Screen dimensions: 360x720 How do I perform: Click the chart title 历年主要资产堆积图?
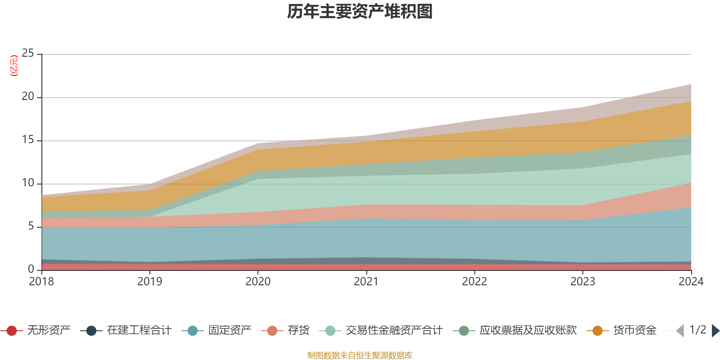coord(360,12)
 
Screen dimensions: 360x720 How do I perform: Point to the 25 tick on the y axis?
coord(28,54)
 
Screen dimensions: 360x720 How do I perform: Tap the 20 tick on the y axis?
coord(28,97)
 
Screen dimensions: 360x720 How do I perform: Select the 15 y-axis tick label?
coord(28,140)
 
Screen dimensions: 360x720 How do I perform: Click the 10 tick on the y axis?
coord(28,183)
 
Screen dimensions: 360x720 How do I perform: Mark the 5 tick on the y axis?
coord(31,226)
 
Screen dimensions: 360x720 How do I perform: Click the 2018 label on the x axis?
coord(41,282)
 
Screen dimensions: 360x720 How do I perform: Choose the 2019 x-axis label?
coord(149,282)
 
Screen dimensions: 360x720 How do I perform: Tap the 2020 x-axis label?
coord(258,282)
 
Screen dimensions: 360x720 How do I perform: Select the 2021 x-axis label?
coord(366,282)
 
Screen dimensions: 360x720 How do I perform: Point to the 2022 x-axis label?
coord(474,282)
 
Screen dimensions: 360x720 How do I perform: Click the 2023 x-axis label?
coord(583,282)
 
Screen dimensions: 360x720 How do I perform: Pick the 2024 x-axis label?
coord(691,282)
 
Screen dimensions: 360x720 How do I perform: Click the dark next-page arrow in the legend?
coord(715,331)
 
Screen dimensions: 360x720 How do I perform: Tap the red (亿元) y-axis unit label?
coord(14,66)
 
